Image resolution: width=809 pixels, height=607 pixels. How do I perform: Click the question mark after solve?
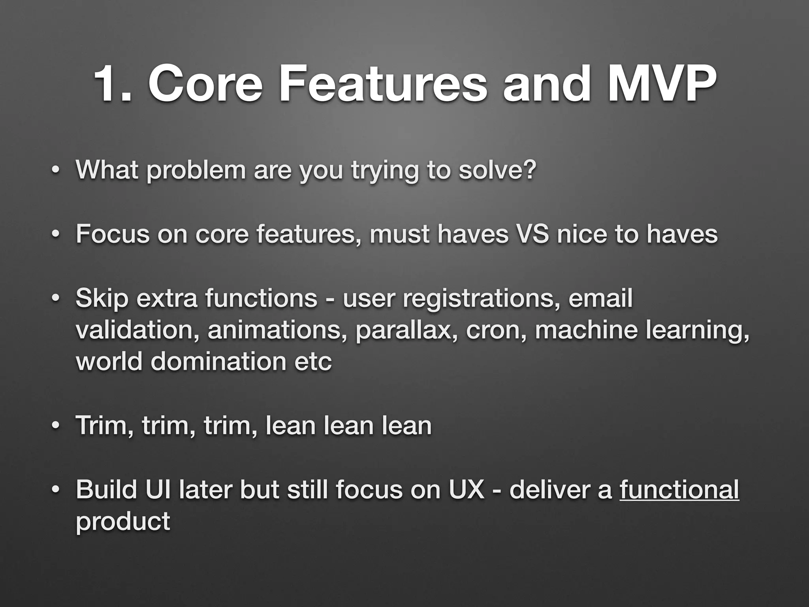click(529, 170)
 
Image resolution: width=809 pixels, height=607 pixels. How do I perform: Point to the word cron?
click(496, 331)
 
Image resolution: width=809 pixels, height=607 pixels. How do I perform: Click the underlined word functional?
click(679, 490)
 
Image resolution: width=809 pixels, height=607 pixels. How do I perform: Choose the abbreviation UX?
click(466, 490)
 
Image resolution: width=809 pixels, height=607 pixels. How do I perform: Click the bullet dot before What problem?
click(55, 171)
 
